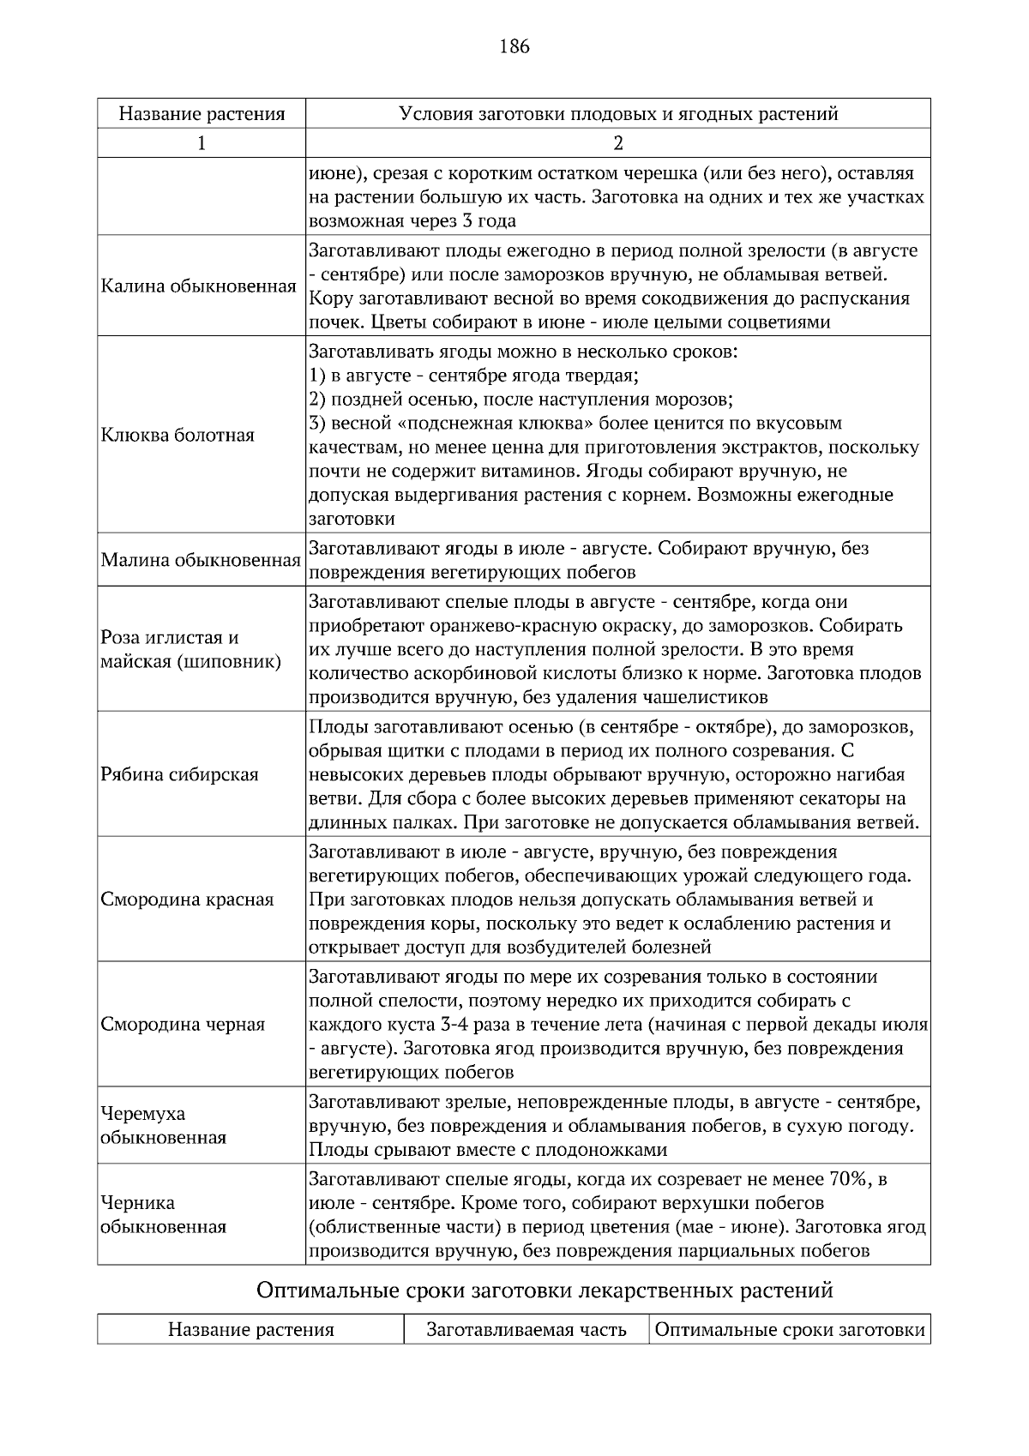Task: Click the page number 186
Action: [x=514, y=46]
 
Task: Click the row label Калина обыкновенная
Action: [x=199, y=286]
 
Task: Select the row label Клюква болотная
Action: [x=178, y=435]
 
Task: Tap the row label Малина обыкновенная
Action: [x=201, y=561]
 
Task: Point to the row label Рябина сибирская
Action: [x=179, y=774]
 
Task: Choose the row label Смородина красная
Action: [x=187, y=899]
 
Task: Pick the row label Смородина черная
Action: [x=183, y=1024]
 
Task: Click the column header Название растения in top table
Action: [x=201, y=114]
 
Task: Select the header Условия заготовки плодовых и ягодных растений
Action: [x=617, y=114]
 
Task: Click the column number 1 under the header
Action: [x=201, y=143]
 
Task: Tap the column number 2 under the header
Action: [x=617, y=143]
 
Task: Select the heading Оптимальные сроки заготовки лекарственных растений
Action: [x=545, y=1290]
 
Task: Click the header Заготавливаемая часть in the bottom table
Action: [x=526, y=1330]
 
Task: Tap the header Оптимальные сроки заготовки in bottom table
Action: [x=790, y=1330]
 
